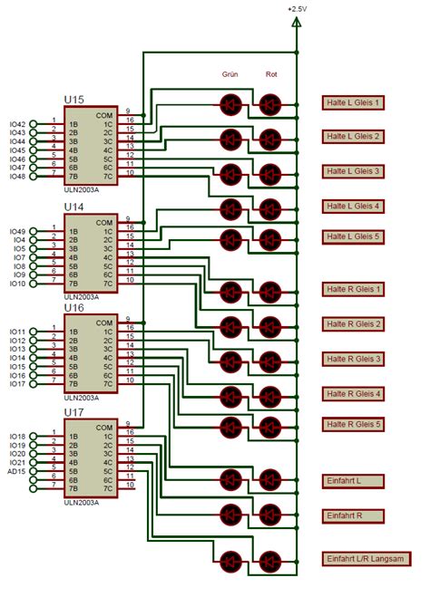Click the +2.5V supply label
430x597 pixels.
click(x=297, y=8)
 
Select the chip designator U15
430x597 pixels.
click(x=74, y=100)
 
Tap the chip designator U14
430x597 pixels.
click(x=74, y=207)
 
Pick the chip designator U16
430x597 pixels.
click(x=74, y=307)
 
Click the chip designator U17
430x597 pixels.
click(x=74, y=412)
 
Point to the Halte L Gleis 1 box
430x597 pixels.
click(x=354, y=103)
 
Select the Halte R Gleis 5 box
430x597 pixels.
click(x=354, y=424)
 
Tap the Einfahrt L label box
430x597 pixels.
click(x=353, y=480)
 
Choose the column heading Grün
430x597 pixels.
click(x=230, y=74)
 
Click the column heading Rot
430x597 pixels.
click(x=270, y=74)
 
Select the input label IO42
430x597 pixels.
click(x=17, y=122)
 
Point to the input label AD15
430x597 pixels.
click(x=17, y=472)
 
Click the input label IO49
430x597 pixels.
click(x=17, y=231)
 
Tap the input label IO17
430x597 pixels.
click(x=17, y=384)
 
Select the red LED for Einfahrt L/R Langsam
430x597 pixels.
click(x=270, y=559)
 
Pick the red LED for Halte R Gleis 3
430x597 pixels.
click(x=270, y=360)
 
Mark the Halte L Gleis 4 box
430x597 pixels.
click(x=354, y=206)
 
